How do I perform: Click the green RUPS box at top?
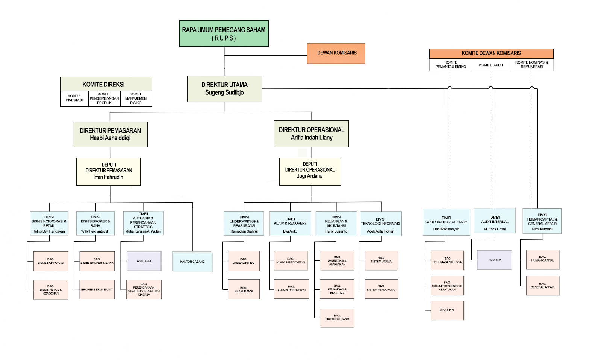(224, 33)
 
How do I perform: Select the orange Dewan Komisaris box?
(336, 53)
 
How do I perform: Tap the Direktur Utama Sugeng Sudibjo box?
(224, 89)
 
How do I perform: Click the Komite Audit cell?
(491, 65)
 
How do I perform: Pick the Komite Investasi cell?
(74, 98)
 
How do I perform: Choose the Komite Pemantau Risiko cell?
(450, 65)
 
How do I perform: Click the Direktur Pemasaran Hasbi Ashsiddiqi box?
(110, 134)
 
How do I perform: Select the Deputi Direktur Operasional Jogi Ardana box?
(310, 171)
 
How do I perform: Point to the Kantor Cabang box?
(192, 262)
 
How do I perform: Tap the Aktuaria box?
(144, 261)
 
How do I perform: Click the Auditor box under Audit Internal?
(495, 260)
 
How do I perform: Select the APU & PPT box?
(447, 310)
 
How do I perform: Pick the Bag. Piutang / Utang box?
(337, 318)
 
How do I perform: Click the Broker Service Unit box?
(97, 289)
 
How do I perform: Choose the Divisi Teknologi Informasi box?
(380, 223)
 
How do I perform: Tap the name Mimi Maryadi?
(542, 229)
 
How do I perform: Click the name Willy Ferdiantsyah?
(95, 231)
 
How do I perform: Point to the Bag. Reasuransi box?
(244, 289)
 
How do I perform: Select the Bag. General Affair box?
(542, 286)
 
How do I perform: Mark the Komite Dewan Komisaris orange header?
(491, 53)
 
